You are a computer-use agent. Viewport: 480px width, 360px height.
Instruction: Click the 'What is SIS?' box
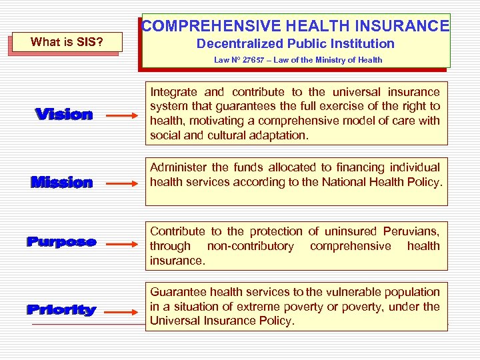pyautogui.click(x=67, y=42)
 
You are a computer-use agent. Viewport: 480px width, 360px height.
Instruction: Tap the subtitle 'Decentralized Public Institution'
pyautogui.click(x=295, y=44)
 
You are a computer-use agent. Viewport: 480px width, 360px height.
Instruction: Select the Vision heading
pyautogui.click(x=64, y=115)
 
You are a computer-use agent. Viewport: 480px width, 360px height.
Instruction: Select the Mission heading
pyautogui.click(x=62, y=182)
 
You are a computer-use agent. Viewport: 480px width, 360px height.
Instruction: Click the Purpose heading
pyautogui.click(x=61, y=242)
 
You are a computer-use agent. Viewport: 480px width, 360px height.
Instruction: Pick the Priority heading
pyautogui.click(x=61, y=310)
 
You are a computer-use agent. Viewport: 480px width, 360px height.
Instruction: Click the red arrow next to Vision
pyautogui.click(x=122, y=116)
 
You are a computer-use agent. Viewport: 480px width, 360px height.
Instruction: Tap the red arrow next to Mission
pyautogui.click(x=122, y=183)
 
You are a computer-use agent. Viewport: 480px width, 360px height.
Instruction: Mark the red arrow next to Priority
pyautogui.click(x=122, y=311)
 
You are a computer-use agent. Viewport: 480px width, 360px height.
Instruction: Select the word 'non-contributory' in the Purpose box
pyautogui.click(x=250, y=246)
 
